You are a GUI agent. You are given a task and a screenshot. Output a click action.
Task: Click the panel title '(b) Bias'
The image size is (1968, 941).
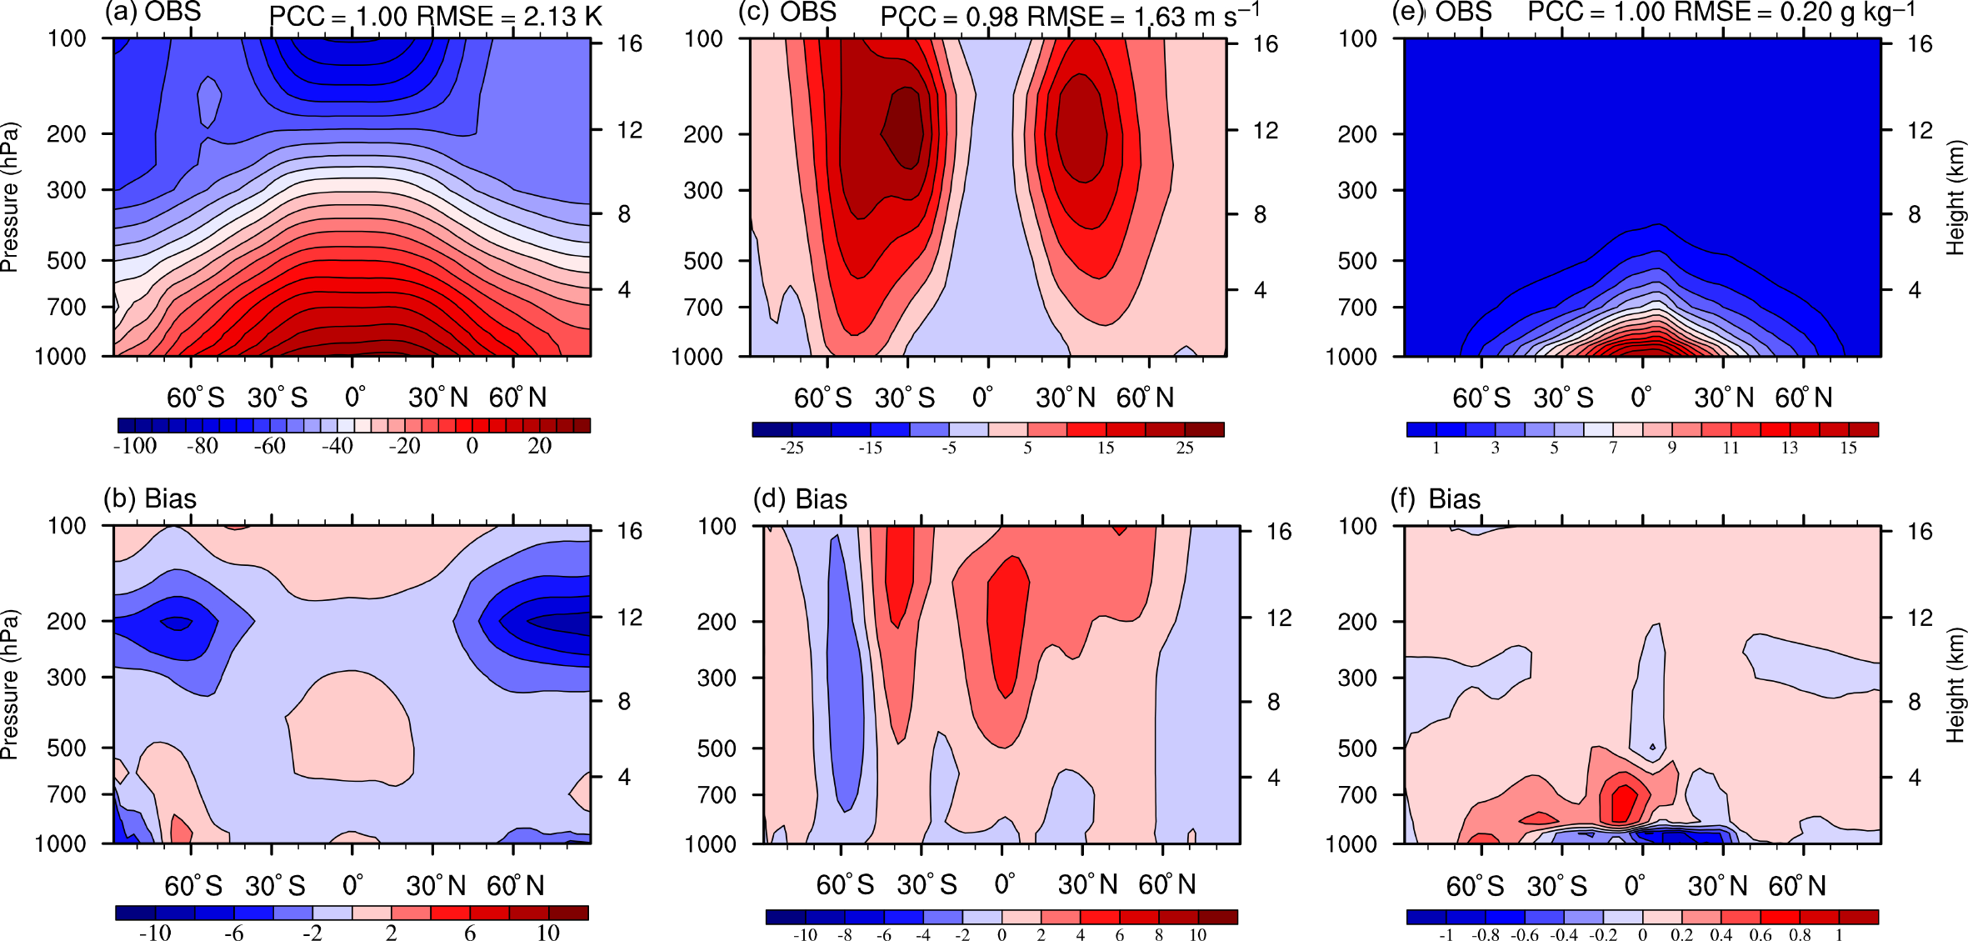point(150,498)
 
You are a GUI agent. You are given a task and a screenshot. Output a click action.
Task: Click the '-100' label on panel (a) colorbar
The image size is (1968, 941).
point(135,446)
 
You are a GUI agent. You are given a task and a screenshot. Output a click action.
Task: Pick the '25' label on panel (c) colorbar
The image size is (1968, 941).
point(1184,448)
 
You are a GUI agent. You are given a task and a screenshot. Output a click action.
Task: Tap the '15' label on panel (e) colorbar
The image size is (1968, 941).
point(1848,448)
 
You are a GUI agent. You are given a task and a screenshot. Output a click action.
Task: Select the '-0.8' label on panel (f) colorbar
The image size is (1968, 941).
point(1485,934)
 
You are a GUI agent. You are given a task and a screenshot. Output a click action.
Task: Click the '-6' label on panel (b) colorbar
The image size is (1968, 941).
point(233,933)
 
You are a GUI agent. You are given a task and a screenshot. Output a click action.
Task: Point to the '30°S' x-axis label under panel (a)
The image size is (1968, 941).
point(277,398)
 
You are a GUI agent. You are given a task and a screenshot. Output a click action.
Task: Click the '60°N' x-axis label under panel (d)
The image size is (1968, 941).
point(1167,884)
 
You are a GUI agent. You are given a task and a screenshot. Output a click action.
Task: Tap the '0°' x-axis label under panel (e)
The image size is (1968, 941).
point(1641,397)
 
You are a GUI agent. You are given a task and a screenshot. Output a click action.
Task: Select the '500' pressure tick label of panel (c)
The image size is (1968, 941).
point(703,261)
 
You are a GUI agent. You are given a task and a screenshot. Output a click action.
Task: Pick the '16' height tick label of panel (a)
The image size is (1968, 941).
point(629,43)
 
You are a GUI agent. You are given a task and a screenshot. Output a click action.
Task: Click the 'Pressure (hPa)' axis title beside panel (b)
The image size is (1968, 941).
point(10,684)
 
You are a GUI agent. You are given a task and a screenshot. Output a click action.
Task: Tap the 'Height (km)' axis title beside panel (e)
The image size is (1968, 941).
point(1955,198)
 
